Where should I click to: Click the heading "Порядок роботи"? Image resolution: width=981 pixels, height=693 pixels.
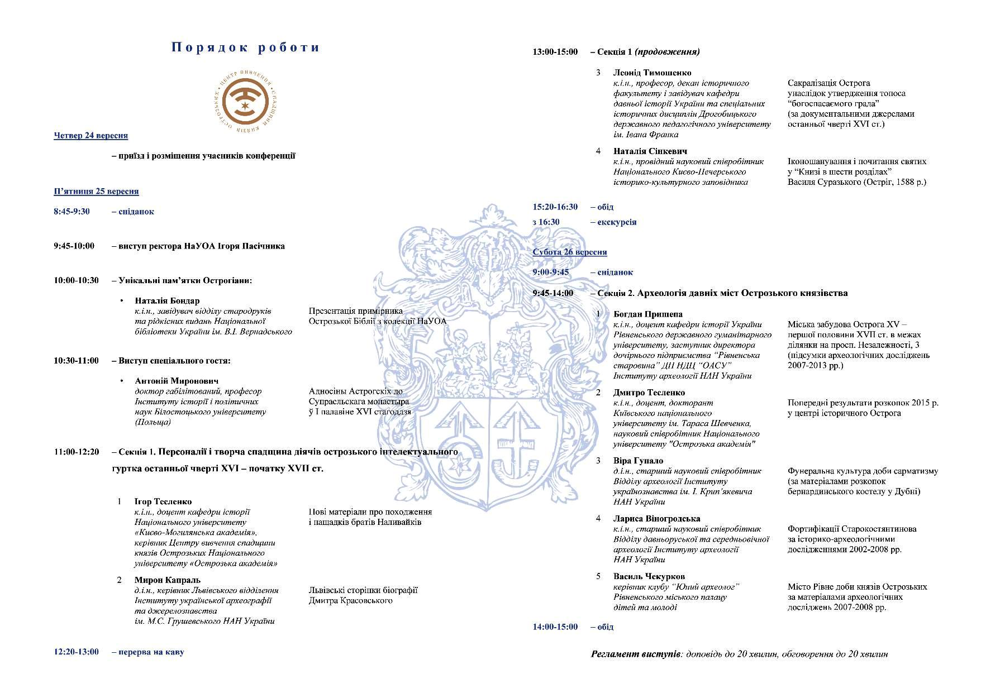(245, 47)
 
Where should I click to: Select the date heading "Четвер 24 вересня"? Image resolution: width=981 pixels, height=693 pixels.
(91, 136)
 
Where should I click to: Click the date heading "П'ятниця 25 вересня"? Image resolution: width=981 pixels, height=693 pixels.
(96, 192)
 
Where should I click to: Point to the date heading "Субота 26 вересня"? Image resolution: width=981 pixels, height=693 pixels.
(570, 252)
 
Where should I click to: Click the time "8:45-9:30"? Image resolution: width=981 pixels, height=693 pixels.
(72, 212)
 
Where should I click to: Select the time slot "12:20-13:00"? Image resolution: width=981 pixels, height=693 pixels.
(77, 652)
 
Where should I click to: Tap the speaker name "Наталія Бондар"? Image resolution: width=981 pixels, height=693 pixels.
(167, 300)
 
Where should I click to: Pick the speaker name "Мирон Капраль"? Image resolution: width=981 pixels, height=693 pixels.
(167, 580)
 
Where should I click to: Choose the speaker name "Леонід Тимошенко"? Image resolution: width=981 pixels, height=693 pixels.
(652, 73)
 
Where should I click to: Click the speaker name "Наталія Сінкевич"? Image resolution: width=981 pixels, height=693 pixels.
(650, 151)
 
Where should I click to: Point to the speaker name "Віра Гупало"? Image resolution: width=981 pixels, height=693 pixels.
(638, 461)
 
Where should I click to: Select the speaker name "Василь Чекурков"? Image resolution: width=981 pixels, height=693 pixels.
(649, 576)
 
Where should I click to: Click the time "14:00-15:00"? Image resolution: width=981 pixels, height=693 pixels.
(555, 627)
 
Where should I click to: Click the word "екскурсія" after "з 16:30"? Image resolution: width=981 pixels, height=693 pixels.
(617, 222)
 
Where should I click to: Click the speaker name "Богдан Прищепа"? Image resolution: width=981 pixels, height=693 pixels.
(647, 314)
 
